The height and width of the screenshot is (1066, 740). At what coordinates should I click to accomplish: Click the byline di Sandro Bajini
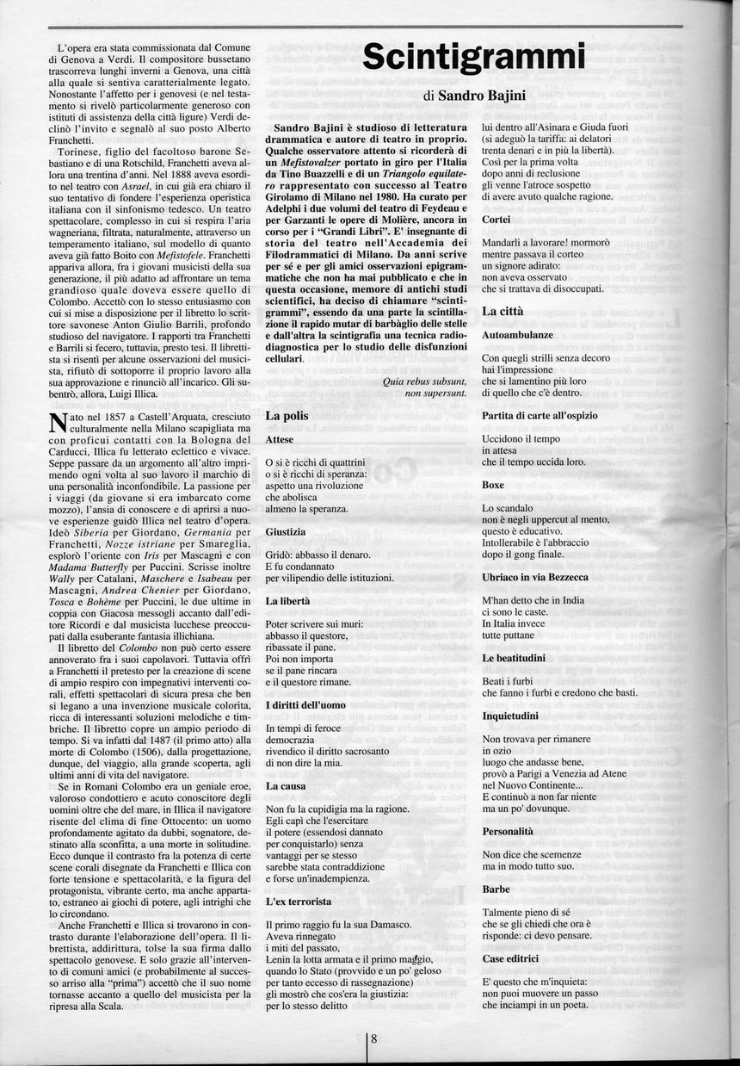[474, 96]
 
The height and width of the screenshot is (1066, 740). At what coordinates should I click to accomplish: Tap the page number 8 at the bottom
[374, 1038]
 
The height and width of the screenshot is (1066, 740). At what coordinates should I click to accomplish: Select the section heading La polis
[287, 415]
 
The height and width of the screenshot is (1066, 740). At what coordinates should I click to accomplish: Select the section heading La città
[503, 309]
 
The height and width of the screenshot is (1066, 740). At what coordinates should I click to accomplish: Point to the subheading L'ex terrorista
[299, 902]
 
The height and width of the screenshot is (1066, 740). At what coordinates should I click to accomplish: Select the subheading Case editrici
[511, 958]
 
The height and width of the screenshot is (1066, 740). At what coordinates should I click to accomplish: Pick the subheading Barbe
[496, 889]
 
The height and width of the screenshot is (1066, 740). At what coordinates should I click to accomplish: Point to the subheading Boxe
[493, 485]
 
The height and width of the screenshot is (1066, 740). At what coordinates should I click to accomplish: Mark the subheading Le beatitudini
[514, 658]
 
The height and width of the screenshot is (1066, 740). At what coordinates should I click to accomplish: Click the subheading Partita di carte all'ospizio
[540, 415]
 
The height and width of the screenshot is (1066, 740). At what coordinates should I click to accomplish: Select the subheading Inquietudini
[511, 716]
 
